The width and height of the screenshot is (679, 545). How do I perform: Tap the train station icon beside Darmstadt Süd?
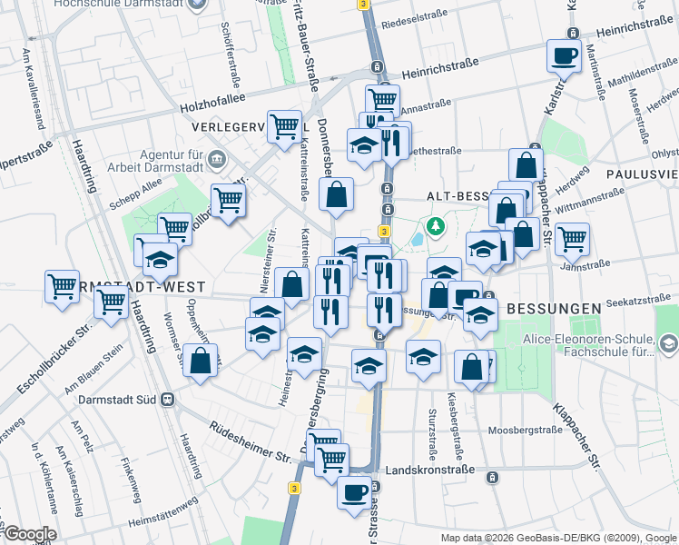[168, 399]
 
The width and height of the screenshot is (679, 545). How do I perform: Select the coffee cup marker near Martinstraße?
[564, 56]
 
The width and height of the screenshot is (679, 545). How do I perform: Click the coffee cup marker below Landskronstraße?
[354, 493]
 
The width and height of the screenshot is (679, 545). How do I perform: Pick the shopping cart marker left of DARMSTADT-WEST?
[62, 287]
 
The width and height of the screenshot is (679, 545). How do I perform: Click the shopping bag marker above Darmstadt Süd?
[200, 360]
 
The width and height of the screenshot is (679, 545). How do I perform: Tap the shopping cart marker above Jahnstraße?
[571, 240]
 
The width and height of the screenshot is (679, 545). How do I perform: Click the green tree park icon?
[437, 224]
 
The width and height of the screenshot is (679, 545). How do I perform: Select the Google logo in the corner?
[29, 534]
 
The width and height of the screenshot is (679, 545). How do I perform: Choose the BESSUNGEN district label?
[554, 308]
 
